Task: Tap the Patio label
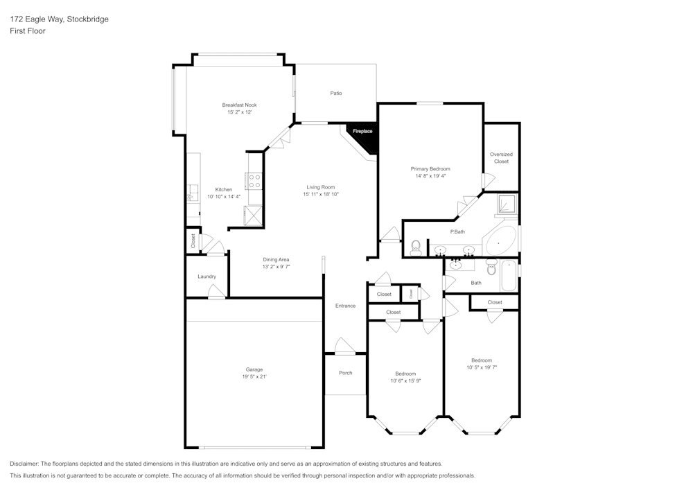coord(335,93)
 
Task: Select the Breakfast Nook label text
coord(239,105)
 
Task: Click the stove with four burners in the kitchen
coord(254,181)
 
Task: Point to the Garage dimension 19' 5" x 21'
coord(254,376)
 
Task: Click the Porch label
coord(345,373)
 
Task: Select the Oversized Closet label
coord(501,158)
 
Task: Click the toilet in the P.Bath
coord(416,245)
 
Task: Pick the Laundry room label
coord(207,277)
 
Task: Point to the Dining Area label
coord(275,259)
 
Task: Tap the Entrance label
coord(345,306)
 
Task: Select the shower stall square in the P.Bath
coord(507,204)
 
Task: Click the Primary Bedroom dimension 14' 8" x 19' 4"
coord(430,176)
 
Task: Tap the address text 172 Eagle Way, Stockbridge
coord(59,19)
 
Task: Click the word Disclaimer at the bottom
coord(25,464)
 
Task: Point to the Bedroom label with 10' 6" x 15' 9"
coord(405,373)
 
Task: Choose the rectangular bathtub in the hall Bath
coord(509,276)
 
